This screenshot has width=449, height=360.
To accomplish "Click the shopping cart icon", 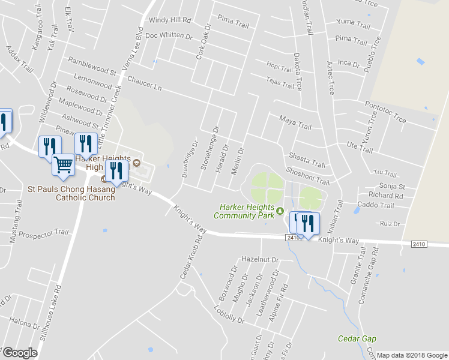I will (x=63, y=164).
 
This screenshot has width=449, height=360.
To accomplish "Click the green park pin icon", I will (x=280, y=211).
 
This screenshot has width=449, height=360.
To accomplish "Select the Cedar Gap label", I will (x=357, y=338).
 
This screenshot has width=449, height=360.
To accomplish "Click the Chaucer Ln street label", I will (x=145, y=83).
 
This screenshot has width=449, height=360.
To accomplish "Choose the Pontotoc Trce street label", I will (x=385, y=112).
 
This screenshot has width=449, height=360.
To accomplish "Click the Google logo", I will (x=20, y=353).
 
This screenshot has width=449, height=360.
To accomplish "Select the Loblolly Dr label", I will (x=229, y=315).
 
